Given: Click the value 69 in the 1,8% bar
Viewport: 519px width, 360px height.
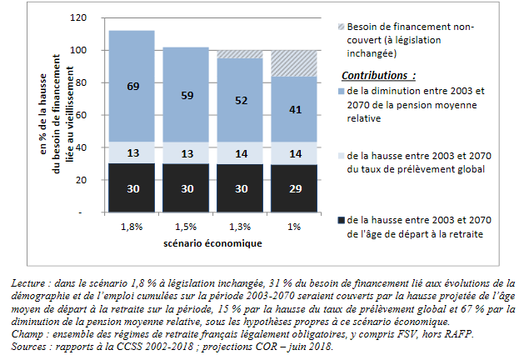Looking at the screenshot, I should pyautogui.click(x=132, y=87).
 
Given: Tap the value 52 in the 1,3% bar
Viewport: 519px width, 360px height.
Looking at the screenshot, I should pyautogui.click(x=241, y=100).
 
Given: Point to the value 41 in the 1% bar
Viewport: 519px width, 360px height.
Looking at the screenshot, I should pyautogui.click(x=294, y=109).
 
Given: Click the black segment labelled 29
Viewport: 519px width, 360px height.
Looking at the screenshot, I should pyautogui.click(x=294, y=189).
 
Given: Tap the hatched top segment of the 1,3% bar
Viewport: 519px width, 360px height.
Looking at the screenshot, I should pyautogui.click(x=241, y=53).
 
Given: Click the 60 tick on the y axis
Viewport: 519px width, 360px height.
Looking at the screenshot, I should pyautogui.click(x=81, y=116).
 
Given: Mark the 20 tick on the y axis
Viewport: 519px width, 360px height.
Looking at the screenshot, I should pyautogui.click(x=81, y=181).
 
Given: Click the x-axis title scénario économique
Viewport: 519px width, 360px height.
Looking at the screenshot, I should pyautogui.click(x=212, y=243).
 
